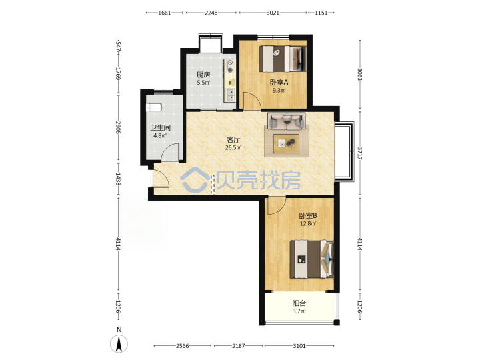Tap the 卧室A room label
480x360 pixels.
click(279, 83)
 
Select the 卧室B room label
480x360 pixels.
click(308, 215)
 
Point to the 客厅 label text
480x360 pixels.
click(233, 139)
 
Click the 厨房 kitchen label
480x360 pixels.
click(203, 75)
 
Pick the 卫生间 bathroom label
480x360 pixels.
click(160, 127)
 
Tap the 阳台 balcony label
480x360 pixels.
click(299, 303)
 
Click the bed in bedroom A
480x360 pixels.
click(283, 59)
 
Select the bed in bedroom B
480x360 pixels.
click(311, 259)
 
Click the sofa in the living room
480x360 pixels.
click(287, 121)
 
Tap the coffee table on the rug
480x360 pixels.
click(286, 143)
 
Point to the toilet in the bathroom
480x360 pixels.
click(154, 107)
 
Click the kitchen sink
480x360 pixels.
click(229, 95)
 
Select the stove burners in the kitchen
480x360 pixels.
click(229, 67)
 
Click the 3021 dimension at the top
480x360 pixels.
click(273, 13)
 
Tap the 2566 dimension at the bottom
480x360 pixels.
click(183, 346)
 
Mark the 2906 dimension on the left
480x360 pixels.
click(118, 127)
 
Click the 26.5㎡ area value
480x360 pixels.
click(233, 147)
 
